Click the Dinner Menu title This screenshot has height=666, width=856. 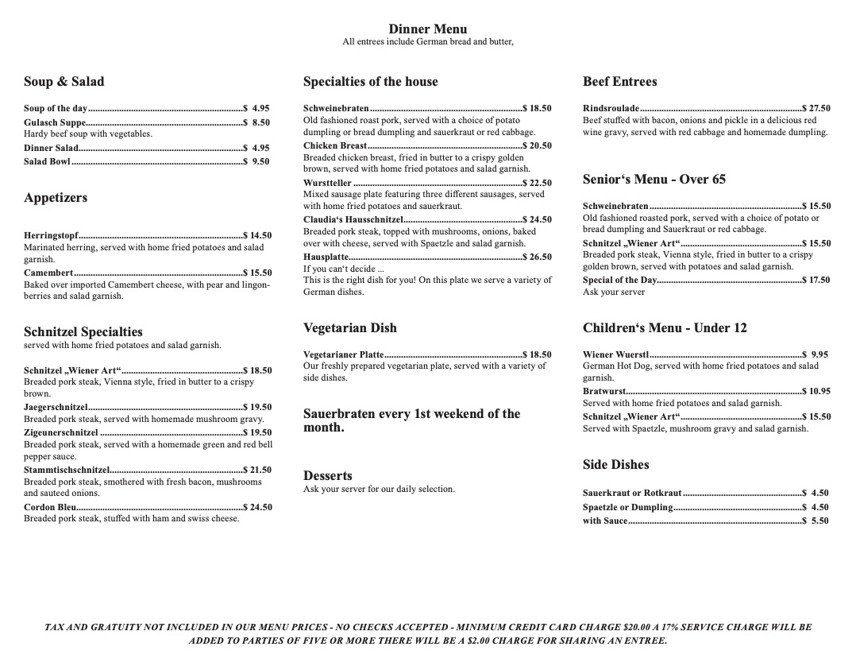click(x=427, y=29)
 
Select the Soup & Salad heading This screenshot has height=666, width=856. click(x=64, y=82)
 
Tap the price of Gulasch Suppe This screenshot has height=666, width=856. click(x=256, y=123)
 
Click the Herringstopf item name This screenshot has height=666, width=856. click(x=51, y=235)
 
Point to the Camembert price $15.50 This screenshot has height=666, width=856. click(x=257, y=273)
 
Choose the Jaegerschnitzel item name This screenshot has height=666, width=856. click(x=56, y=407)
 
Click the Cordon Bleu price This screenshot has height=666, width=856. click(x=257, y=507)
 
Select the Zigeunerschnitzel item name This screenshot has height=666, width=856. click(x=61, y=432)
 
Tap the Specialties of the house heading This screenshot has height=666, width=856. click(x=370, y=82)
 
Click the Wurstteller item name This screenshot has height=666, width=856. click(x=327, y=183)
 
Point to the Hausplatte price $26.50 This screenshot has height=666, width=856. click(x=537, y=257)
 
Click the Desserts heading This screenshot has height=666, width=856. click(x=327, y=476)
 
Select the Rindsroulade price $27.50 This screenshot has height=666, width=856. click(x=816, y=108)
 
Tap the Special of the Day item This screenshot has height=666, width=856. click(x=619, y=280)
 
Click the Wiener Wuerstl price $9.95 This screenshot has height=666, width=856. click(x=816, y=354)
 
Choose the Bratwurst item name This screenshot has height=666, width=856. click(x=604, y=391)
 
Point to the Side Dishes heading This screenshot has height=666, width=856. click(x=615, y=465)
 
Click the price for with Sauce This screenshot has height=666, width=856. click(x=816, y=521)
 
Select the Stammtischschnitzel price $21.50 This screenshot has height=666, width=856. click(x=257, y=470)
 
